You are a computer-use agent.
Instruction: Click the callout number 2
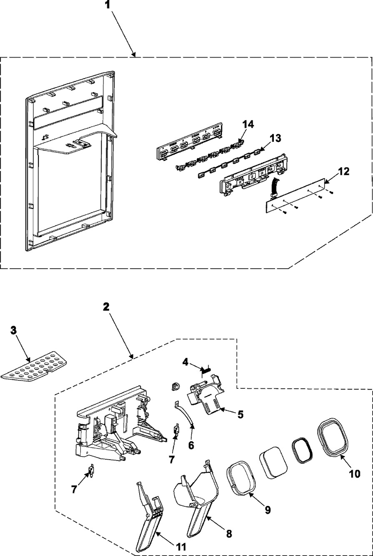pos(107,307)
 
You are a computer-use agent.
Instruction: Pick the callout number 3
pos(14,330)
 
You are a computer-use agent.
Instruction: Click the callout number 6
pos(191,445)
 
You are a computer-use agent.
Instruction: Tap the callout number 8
pos(228,533)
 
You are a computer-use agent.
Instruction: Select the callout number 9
pos(267,510)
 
